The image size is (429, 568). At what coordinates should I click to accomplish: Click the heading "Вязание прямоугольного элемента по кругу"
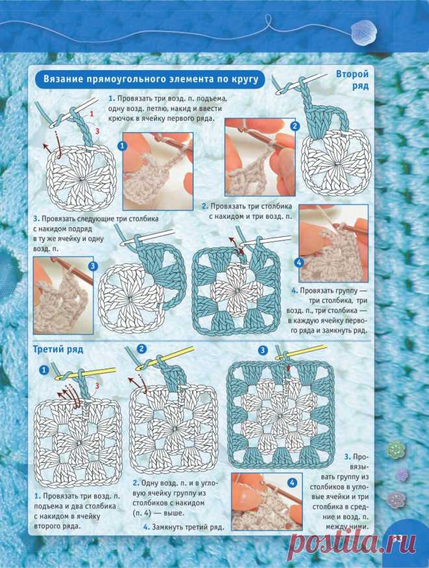point(151,79)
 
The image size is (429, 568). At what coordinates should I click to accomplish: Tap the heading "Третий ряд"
point(58,349)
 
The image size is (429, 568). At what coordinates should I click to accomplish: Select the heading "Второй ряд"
point(352,80)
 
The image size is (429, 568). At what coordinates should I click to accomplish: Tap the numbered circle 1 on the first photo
point(122,146)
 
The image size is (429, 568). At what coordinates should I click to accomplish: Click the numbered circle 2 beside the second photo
point(294,126)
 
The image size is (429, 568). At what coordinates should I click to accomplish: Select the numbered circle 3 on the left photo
point(93,266)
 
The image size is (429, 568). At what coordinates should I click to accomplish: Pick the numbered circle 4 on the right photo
point(299,262)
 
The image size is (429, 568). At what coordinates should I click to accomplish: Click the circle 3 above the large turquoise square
point(263,350)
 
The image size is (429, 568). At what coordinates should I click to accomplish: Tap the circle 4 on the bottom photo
point(292,482)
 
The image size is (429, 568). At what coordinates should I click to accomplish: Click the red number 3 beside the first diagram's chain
point(97,131)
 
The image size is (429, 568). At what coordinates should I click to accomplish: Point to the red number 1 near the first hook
point(92,114)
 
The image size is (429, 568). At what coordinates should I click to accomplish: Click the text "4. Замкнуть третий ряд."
point(183,526)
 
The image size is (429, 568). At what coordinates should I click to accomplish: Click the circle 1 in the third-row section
point(44,370)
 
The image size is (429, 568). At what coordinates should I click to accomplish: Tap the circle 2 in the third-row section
point(142,349)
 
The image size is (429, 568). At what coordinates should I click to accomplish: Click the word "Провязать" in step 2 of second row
point(227,206)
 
